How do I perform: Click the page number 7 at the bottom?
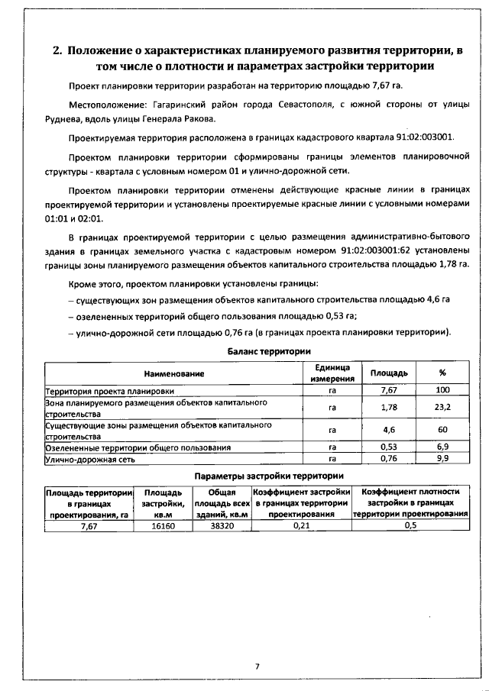pyautogui.click(x=257, y=667)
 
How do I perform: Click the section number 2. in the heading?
pyautogui.click(x=57, y=51)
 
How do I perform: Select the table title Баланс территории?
pyautogui.click(x=269, y=351)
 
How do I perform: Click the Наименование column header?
pyautogui.click(x=173, y=373)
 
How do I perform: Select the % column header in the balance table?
pyautogui.click(x=442, y=373)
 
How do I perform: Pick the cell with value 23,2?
pyautogui.click(x=442, y=407)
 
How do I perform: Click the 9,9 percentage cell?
pyautogui.click(x=442, y=458)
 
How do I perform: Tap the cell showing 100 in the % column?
pyautogui.click(x=442, y=390)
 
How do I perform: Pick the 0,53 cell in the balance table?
pyautogui.click(x=388, y=447)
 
